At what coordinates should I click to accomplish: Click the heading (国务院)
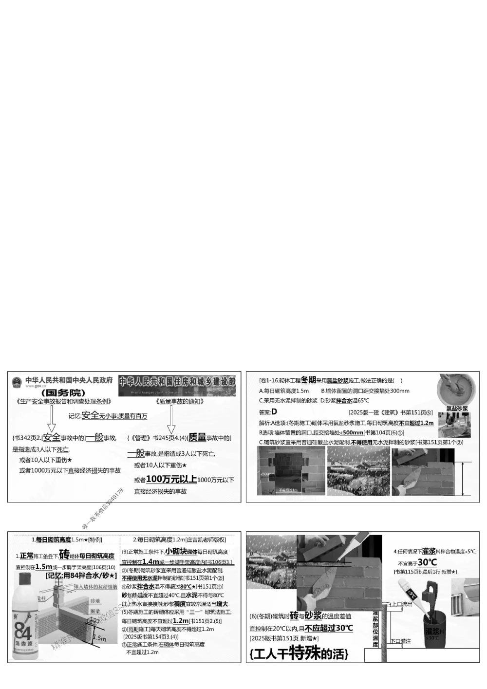pos(63,392)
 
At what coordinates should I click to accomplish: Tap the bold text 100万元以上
pos(171,479)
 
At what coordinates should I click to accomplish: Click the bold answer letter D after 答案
pos(274,412)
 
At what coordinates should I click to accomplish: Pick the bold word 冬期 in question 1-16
pos(308,380)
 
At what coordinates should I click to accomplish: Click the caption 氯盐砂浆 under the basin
pos(457,409)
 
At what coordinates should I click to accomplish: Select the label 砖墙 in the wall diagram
pos(95,602)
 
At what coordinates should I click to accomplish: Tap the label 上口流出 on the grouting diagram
pos(403,604)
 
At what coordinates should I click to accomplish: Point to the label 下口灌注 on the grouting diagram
pos(401,641)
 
